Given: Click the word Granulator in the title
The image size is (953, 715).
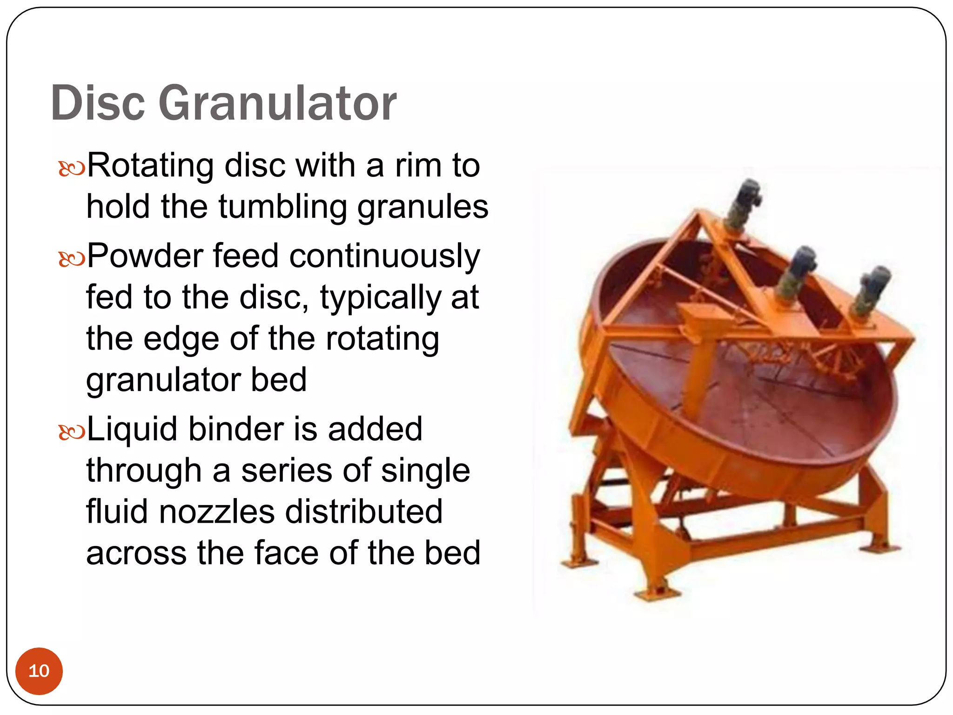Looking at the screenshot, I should (277, 103).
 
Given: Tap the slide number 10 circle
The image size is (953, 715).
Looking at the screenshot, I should (39, 671).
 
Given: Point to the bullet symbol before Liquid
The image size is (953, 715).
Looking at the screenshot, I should (72, 432).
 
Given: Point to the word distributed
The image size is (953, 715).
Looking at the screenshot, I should (363, 512).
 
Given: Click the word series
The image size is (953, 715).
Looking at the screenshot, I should (287, 471).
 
